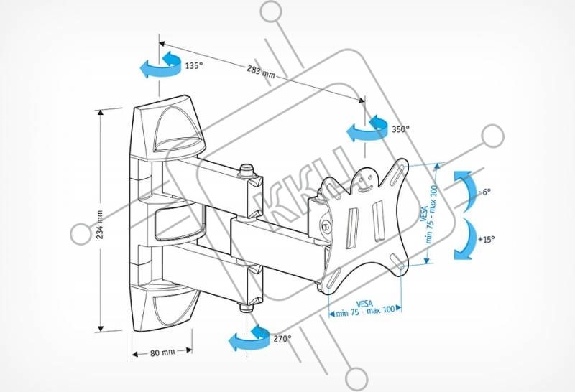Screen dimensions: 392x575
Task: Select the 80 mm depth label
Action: coord(163,353)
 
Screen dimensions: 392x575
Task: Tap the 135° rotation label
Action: coord(193,65)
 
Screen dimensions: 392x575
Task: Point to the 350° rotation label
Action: coord(400,130)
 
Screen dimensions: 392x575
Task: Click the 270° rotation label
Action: coord(282,337)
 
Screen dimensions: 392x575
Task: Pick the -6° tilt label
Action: coord(487,192)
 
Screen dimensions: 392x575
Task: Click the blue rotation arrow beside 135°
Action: coord(161,65)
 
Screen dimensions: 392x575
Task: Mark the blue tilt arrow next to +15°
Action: coord(464,238)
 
